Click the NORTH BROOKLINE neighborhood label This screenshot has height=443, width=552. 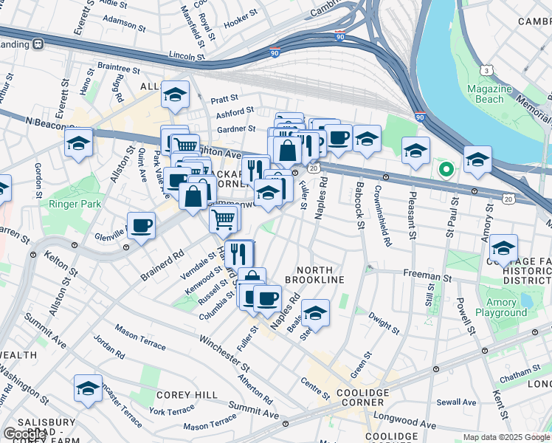321,275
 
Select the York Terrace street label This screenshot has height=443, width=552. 171,411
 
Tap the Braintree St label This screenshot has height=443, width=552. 118,68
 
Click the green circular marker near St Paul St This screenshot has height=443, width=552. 446,169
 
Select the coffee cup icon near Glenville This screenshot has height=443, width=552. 141,226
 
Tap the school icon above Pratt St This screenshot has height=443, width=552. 176,95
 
